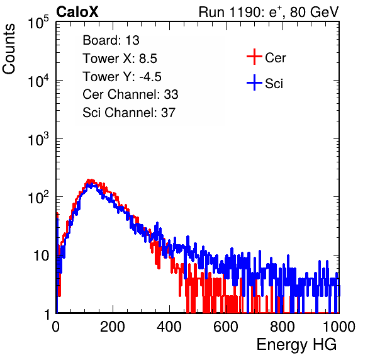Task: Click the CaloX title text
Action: pos(77,12)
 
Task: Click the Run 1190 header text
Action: pos(269,12)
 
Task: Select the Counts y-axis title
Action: pos(9,49)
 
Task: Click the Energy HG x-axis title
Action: pos(297,345)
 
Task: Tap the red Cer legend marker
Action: pos(254,57)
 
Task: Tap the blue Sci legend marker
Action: pos(254,82)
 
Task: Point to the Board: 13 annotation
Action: pos(111,40)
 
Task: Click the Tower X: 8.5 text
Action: pos(120,59)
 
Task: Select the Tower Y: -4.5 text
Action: pos(122,77)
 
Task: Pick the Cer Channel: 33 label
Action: pos(130,94)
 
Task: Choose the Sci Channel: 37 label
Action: pos(129,113)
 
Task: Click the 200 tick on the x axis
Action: pos(113,327)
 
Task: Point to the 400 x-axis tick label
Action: pos(169,327)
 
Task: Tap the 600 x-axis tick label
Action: pos(226,327)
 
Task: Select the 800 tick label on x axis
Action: pos(283,327)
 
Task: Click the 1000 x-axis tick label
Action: pos(339,327)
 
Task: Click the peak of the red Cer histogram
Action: pos(89,180)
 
